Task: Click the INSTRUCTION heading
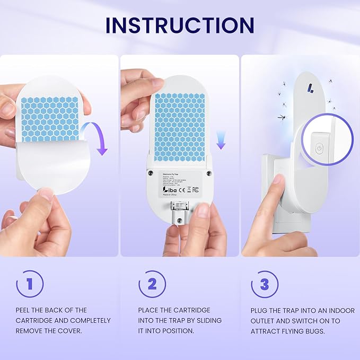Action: [180, 25]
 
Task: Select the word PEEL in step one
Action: [23, 310]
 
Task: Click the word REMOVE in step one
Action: [30, 331]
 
